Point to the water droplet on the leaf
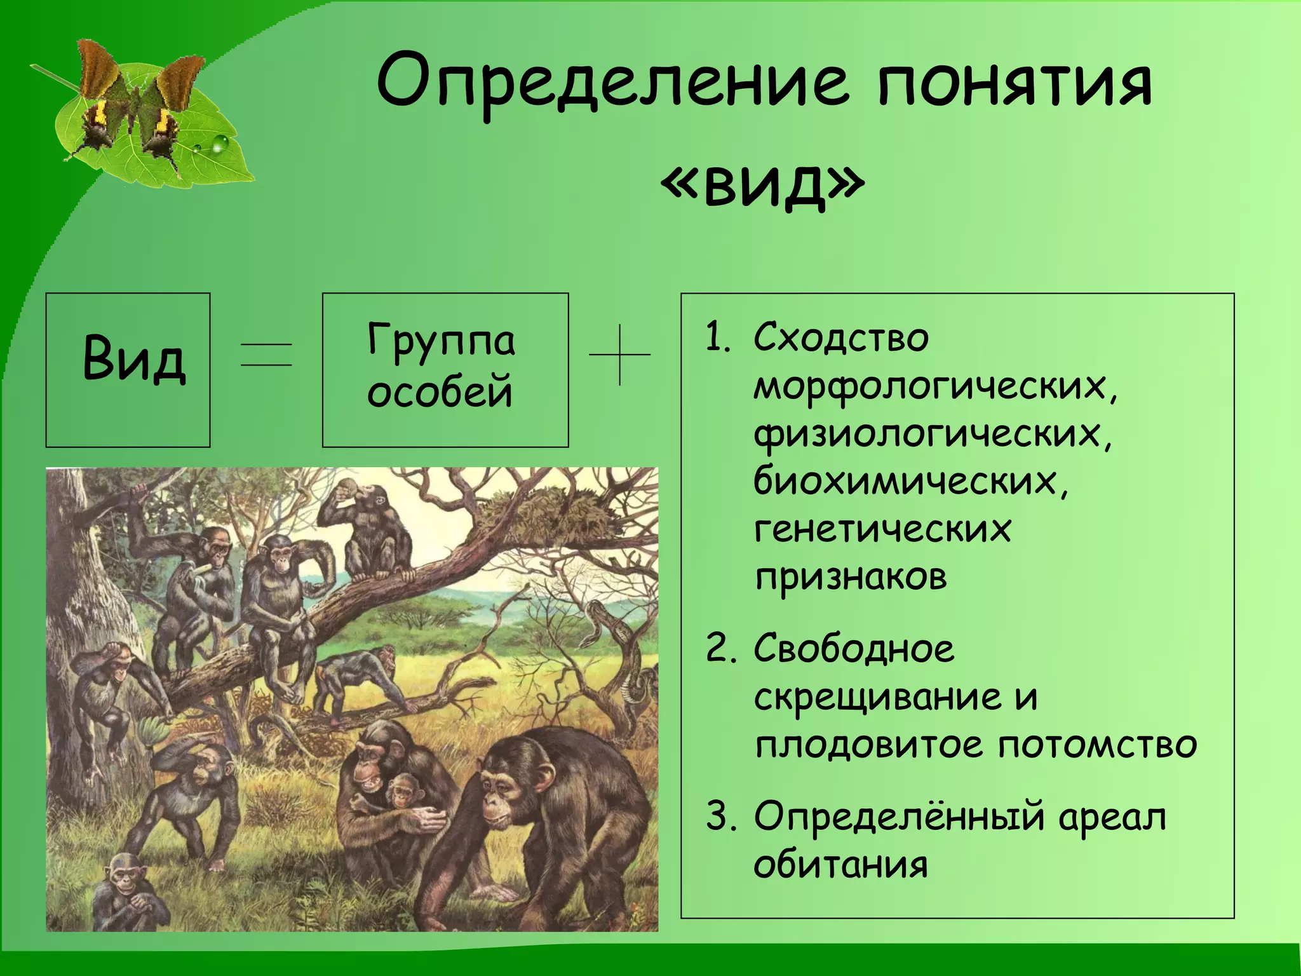click(219, 144)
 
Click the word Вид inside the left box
click(133, 359)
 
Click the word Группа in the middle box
click(441, 341)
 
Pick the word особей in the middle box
click(440, 392)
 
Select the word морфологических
click(934, 386)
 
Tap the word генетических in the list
click(882, 529)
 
